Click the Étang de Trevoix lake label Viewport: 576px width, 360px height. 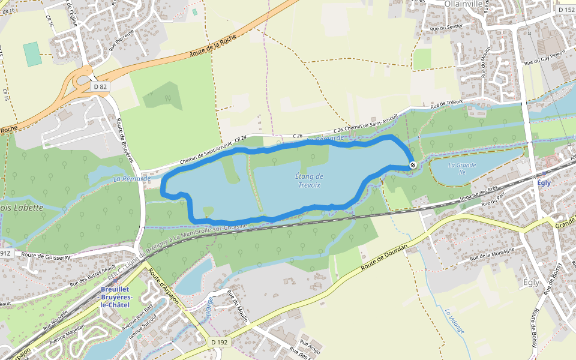click(x=310, y=181)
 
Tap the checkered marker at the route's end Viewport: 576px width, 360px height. click(x=413, y=165)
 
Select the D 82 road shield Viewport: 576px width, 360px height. click(x=100, y=87)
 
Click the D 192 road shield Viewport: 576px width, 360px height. click(x=220, y=342)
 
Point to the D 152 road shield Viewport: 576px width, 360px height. click(x=566, y=10)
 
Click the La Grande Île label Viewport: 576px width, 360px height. click(x=462, y=169)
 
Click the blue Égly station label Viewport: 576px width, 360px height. click(x=544, y=183)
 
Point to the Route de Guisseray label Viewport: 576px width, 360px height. click(x=46, y=256)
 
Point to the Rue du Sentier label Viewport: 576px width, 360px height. click(x=446, y=27)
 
